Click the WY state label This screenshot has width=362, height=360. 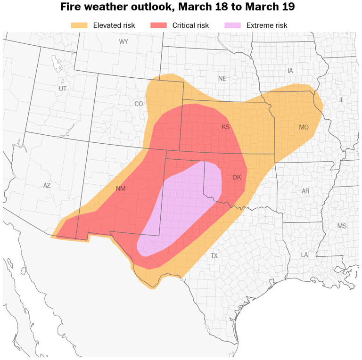(123, 42)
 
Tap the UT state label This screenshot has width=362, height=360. (63, 89)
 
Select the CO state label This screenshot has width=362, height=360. (139, 104)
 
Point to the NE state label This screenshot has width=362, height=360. (222, 79)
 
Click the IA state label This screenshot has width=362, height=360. (290, 71)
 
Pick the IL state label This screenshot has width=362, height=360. (341, 100)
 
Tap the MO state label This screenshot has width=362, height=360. (304, 127)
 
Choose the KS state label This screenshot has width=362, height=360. (225, 127)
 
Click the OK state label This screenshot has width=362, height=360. (237, 178)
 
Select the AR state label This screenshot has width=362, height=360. (305, 191)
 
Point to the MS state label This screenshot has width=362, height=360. (342, 226)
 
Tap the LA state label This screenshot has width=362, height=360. (304, 254)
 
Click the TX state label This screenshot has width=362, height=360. (214, 256)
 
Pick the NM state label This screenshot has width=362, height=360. (121, 189)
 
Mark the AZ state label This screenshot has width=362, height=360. (47, 186)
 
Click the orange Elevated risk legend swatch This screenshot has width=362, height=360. (79, 25)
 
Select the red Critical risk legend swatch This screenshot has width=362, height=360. (158, 25)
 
